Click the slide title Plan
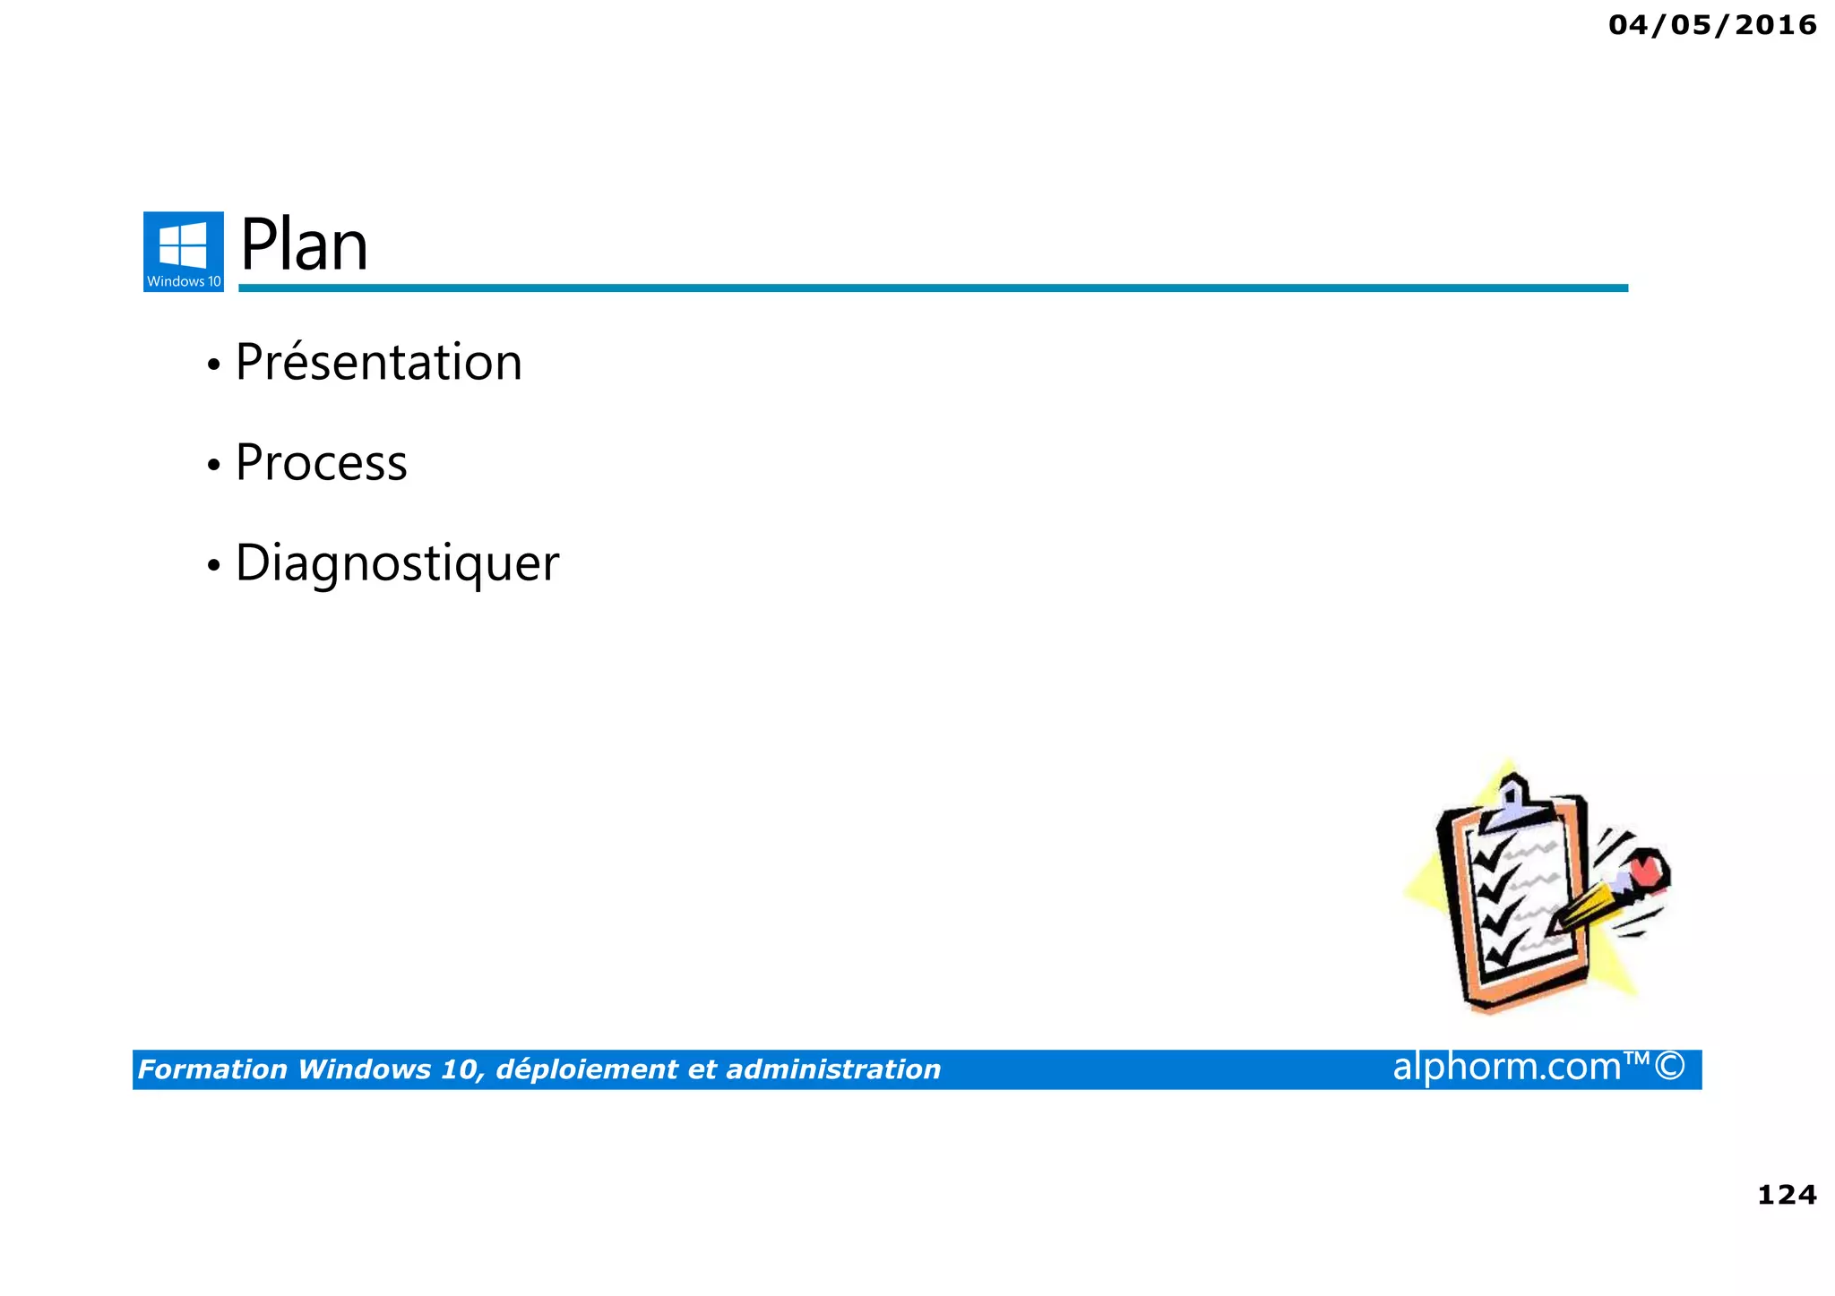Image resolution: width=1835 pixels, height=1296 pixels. pyautogui.click(x=304, y=245)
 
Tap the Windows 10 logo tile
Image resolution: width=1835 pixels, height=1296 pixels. pyautogui.click(x=184, y=251)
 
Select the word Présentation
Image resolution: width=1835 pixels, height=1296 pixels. pyautogui.click(x=378, y=363)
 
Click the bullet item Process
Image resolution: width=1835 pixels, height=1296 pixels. pyautogui.click(x=321, y=463)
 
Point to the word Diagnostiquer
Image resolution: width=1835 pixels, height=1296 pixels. pyautogui.click(x=397, y=563)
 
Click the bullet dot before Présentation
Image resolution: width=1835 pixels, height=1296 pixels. pyautogui.click(x=213, y=365)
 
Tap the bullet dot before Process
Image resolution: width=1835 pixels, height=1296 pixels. pyautogui.click(x=213, y=466)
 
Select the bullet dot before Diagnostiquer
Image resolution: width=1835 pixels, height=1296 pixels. pyautogui.click(x=213, y=566)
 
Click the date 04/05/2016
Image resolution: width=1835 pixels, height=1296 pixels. pyautogui.click(x=1712, y=25)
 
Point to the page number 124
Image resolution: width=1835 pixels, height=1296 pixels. pyautogui.click(x=1787, y=1195)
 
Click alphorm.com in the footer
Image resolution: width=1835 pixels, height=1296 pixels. pyautogui.click(x=1507, y=1067)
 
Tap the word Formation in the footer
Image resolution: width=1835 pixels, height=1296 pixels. pyautogui.click(x=212, y=1069)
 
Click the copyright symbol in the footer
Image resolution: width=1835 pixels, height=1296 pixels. pyautogui.click(x=1670, y=1066)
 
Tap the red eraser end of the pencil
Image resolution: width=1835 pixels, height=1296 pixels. pyautogui.click(x=1647, y=870)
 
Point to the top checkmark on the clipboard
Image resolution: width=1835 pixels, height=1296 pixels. pyautogui.click(x=1491, y=855)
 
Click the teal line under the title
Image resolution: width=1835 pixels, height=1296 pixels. pyautogui.click(x=932, y=288)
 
